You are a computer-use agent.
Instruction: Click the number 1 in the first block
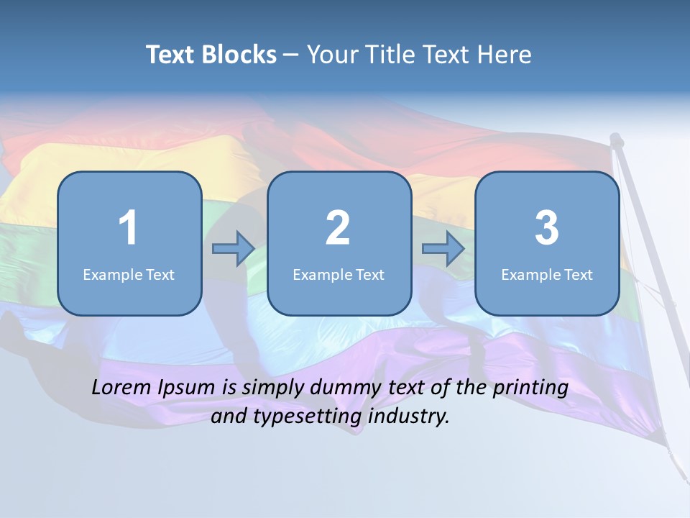(x=128, y=228)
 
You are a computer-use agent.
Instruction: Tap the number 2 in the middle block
(x=338, y=228)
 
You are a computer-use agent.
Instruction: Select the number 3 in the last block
(x=546, y=228)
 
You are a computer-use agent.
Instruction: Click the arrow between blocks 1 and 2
(x=234, y=249)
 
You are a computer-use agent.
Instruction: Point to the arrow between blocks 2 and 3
(x=443, y=249)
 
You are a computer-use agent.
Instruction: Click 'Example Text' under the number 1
(x=129, y=274)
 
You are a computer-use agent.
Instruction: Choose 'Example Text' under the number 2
(x=339, y=274)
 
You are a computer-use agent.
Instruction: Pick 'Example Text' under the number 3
(x=547, y=274)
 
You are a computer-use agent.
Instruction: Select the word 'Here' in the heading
(x=505, y=55)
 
